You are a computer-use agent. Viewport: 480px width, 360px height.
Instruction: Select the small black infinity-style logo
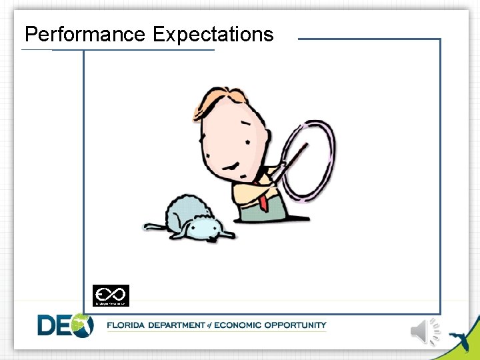click(x=111, y=295)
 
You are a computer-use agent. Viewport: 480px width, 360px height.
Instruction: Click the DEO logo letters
click(x=65, y=325)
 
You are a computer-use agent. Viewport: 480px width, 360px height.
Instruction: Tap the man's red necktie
click(x=264, y=199)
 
